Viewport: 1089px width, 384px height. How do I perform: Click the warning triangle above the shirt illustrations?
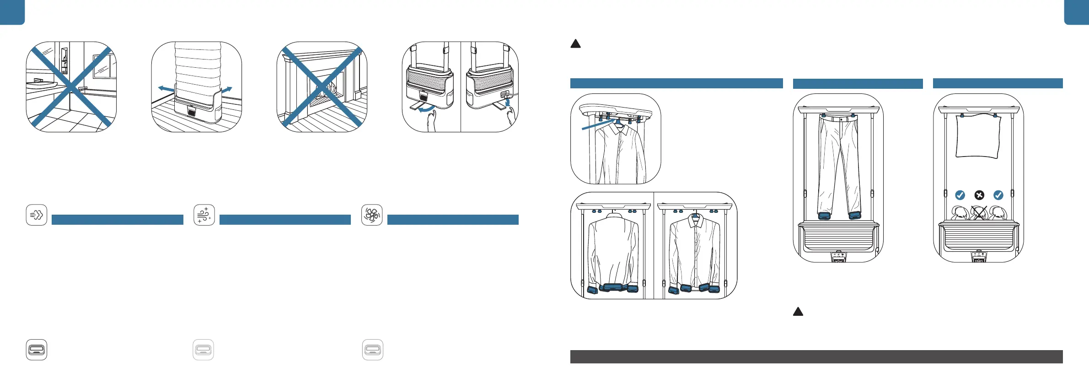576,44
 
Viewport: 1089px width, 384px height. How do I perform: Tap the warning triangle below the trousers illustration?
798,312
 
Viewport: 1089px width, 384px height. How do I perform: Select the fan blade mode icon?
372,215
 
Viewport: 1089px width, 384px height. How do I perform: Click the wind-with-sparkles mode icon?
204,215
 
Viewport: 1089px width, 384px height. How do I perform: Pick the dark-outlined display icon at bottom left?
37,350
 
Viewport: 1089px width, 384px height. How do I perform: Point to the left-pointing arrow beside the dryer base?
166,88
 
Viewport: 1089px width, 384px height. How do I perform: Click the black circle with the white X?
979,195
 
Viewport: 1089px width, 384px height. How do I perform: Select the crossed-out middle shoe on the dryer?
979,213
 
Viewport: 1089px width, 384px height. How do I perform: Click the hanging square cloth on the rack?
978,136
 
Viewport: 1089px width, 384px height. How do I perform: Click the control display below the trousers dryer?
838,257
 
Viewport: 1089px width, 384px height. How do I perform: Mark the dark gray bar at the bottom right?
816,357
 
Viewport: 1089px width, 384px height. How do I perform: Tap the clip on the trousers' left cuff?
824,216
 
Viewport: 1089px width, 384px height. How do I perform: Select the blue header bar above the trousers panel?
858,84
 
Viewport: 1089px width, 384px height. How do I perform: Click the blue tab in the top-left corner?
12,12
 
